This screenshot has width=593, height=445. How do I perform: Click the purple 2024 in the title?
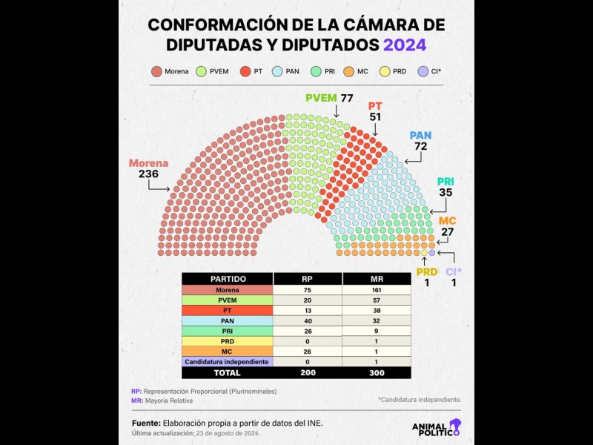(x=404, y=44)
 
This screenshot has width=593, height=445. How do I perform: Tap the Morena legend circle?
(x=156, y=72)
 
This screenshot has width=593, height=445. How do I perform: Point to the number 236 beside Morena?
(x=148, y=174)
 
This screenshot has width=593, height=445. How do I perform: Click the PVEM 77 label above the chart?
(x=329, y=98)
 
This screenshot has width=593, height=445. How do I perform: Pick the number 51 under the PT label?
(x=375, y=117)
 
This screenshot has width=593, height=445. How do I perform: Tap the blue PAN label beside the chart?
(x=420, y=136)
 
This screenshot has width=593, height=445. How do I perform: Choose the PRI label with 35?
(x=445, y=182)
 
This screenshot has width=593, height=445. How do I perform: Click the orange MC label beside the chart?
(x=448, y=222)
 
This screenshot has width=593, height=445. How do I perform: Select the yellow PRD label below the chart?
(x=426, y=272)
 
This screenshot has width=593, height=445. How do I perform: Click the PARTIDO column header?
(x=228, y=279)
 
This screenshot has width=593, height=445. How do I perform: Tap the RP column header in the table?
(x=308, y=279)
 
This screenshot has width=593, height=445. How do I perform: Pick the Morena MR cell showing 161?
(x=376, y=290)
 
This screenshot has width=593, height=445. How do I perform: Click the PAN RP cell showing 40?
(x=308, y=320)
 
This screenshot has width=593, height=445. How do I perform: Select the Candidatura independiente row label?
(x=228, y=361)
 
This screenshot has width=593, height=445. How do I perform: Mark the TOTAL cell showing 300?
(x=376, y=373)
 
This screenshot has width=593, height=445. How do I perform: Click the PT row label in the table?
(x=228, y=310)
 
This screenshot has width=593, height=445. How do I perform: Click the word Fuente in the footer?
(x=145, y=423)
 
